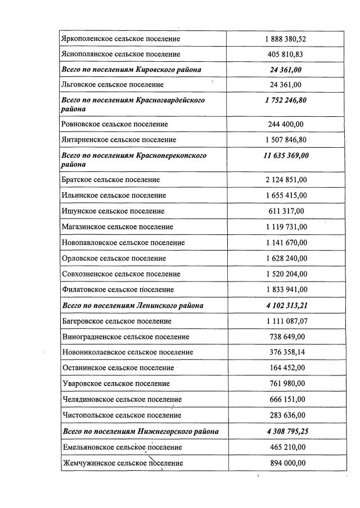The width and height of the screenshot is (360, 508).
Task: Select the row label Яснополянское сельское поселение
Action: tap(120, 55)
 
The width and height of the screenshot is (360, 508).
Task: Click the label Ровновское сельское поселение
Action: tap(114, 124)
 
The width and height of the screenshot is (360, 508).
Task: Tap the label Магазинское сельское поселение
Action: tap(116, 227)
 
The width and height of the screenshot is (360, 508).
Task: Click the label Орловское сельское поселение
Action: tap(113, 258)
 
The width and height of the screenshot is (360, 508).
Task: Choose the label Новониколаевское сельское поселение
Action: tap(127, 352)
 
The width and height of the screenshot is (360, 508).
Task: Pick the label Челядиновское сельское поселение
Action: tap(121, 400)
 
